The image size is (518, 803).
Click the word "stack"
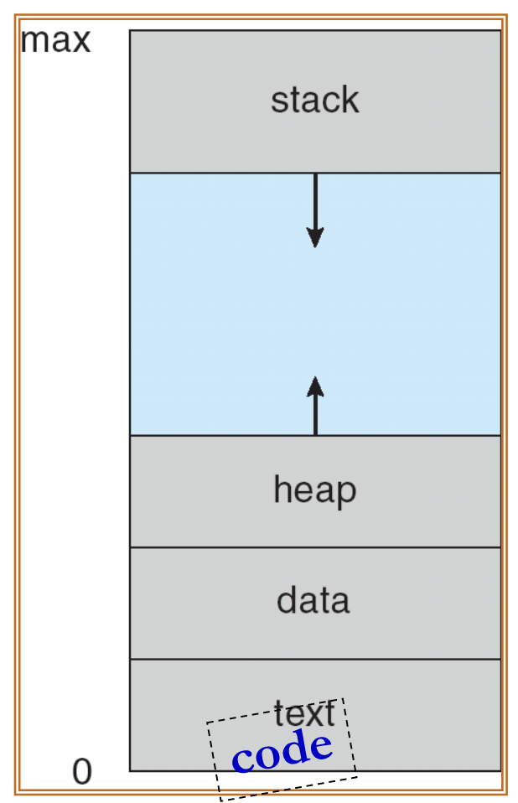pyautogui.click(x=314, y=101)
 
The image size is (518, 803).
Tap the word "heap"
pyautogui.click(x=314, y=490)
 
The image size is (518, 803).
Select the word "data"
pyautogui.click(x=313, y=601)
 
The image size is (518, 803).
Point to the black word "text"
pyautogui.click(x=304, y=714)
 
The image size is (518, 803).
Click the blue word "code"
pyautogui.click(x=282, y=751)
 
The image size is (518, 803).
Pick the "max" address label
pyautogui.click(x=55, y=40)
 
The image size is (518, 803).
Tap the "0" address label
pyautogui.click(x=81, y=772)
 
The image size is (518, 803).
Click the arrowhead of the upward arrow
pyautogui.click(x=315, y=386)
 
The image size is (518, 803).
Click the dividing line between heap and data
pyautogui.click(x=210, y=547)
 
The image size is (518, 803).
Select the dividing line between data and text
pyautogui.click(x=210, y=659)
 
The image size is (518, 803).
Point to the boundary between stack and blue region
pyautogui.click(x=210, y=173)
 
